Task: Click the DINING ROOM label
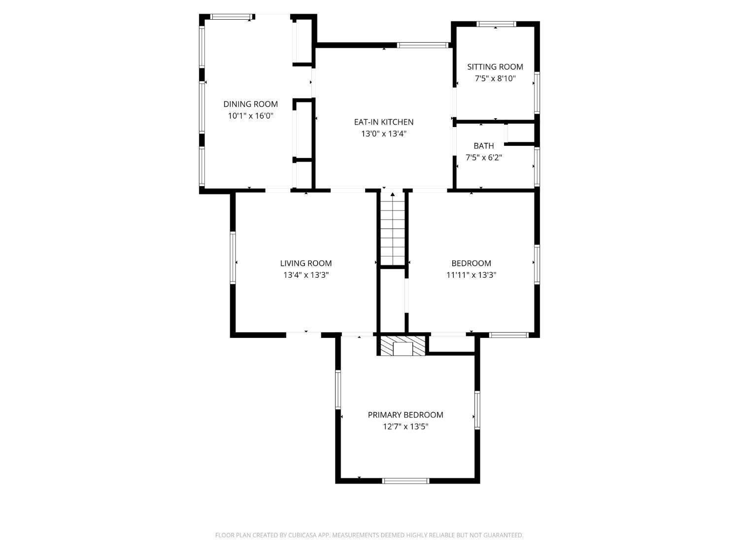250,104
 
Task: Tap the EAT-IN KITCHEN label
383,122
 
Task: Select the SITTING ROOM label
495,67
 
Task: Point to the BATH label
484,146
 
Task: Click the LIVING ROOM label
306,263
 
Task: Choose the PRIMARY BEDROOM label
405,415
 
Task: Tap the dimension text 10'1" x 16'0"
250,116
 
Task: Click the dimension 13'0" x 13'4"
383,134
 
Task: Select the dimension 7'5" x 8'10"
495,79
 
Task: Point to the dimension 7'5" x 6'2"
484,158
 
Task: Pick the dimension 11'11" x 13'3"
471,275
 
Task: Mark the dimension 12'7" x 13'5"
405,427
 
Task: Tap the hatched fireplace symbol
403,346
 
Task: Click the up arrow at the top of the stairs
393,195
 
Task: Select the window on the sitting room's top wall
496,24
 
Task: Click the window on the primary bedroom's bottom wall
406,481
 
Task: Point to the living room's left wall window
233,258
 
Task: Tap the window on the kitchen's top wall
423,45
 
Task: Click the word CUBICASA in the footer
302,535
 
